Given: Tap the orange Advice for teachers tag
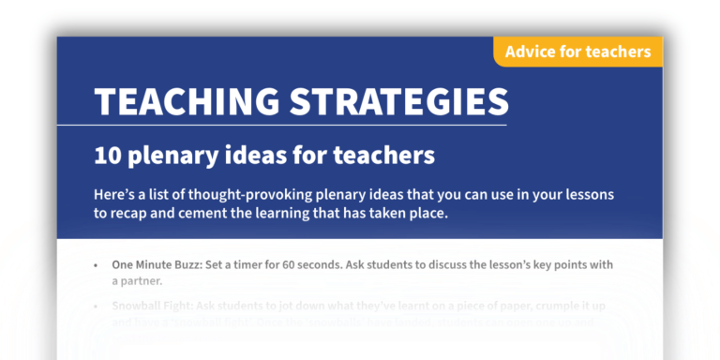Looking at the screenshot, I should pos(577,52).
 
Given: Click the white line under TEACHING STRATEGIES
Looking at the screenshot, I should pos(300,125).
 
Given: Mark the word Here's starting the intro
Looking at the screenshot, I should pos(116,195).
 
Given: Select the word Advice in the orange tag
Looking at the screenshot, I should pos(529,52).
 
